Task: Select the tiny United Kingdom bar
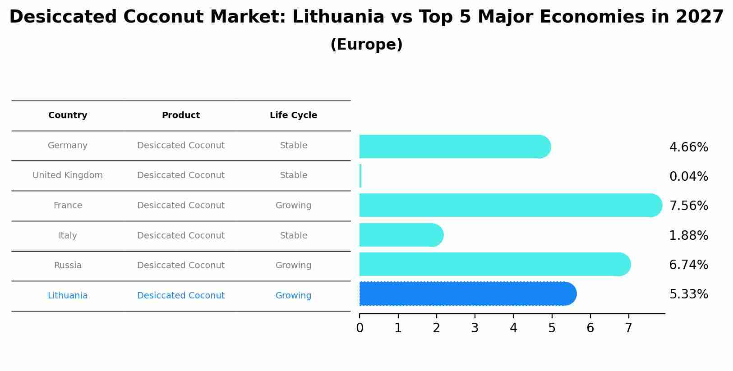[360, 176]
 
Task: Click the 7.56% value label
[688, 206]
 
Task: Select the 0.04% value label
[688, 177]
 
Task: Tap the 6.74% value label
[688, 265]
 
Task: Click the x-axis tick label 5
[552, 328]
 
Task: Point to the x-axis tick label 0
[360, 328]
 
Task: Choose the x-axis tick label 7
[628, 328]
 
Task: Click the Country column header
[68, 115]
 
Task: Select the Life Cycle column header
[293, 115]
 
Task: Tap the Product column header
[180, 115]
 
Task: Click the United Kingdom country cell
[68, 175]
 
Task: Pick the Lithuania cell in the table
[68, 296]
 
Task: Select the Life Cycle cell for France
[293, 206]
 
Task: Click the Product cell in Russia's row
[180, 266]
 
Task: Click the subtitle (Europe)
[366, 45]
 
